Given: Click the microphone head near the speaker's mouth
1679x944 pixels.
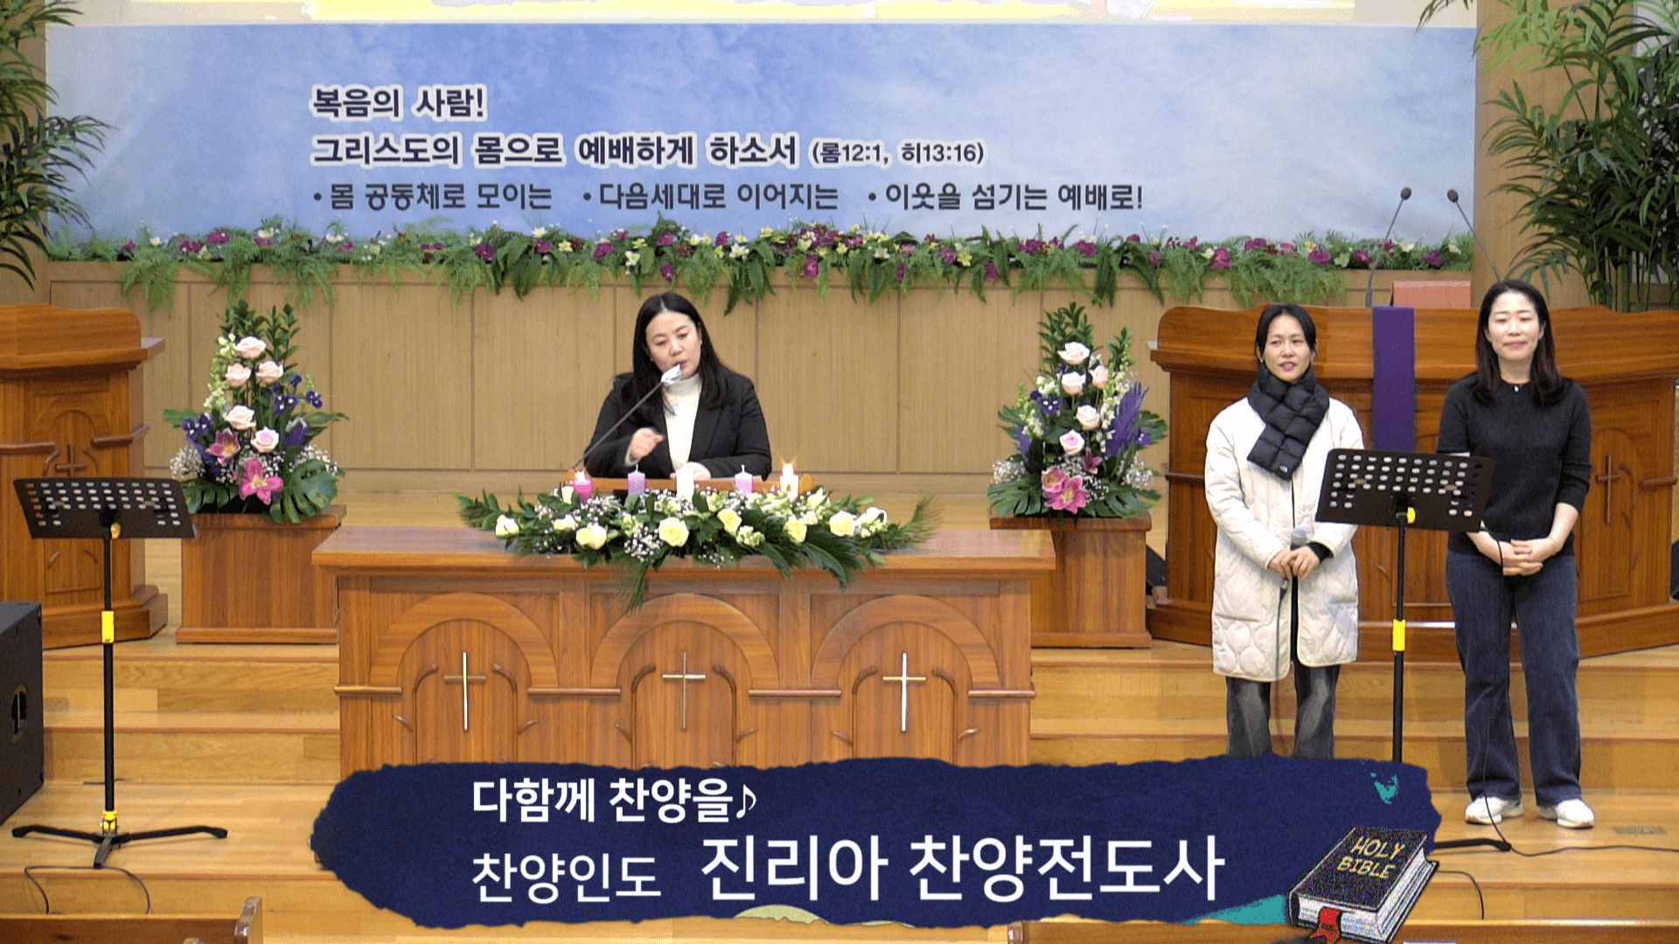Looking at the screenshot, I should point(672,375).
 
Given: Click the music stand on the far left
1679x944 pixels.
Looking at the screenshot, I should point(104,508).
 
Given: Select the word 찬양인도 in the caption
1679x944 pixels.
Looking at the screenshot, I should point(565,875).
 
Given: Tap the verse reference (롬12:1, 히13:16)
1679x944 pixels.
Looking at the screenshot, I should point(897,153).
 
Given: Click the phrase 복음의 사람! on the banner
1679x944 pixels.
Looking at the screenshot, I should point(398,104).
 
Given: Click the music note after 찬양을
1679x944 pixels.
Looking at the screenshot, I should point(746,801).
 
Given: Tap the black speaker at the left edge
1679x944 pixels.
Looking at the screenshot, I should point(19,708).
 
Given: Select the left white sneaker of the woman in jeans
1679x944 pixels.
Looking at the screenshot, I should point(1491,810).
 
